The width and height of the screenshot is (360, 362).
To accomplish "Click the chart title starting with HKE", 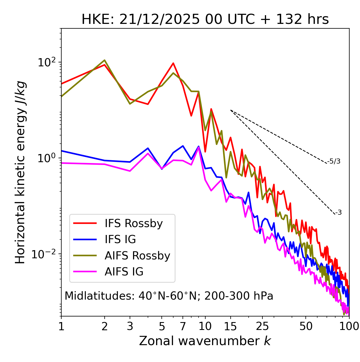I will pos(205,20).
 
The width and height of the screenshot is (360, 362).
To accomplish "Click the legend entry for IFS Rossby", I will pos(134,223).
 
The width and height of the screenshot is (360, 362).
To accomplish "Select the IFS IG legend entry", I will pos(120,239).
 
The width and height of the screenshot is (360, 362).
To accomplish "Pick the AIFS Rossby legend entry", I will pos(137,256).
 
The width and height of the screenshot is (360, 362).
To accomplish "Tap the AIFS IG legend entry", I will pos(124,272).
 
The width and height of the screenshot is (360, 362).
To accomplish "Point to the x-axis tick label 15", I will pos(230,326).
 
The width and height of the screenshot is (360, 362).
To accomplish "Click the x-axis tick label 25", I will pos(262,326).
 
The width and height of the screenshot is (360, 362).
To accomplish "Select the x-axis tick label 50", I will pos(306,326).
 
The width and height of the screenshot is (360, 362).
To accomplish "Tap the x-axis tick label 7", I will pos(183,326).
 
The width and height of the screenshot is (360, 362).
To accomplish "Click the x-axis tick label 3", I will pos(130,326).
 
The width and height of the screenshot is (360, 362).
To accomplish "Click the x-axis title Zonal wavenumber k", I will pos(205,341).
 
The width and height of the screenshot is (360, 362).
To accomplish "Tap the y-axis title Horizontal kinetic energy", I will pos(20,172).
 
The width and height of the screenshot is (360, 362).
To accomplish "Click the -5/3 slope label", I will pos(334,162).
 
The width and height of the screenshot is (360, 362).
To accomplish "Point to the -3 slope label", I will pos(338,213).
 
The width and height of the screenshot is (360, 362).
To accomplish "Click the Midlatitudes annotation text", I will pos(169,296).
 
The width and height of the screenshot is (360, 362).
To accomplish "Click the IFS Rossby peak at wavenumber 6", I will pos(173,63).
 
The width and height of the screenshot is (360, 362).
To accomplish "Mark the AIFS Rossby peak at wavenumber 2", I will pos(105,60).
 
